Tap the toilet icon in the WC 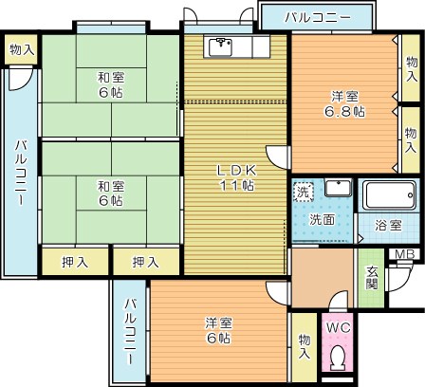tap(338, 358)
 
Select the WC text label tap(338, 327)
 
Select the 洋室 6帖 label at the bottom tap(219, 330)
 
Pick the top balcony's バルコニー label tap(318, 18)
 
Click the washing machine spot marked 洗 tap(302, 191)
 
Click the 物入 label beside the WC tap(304, 345)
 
